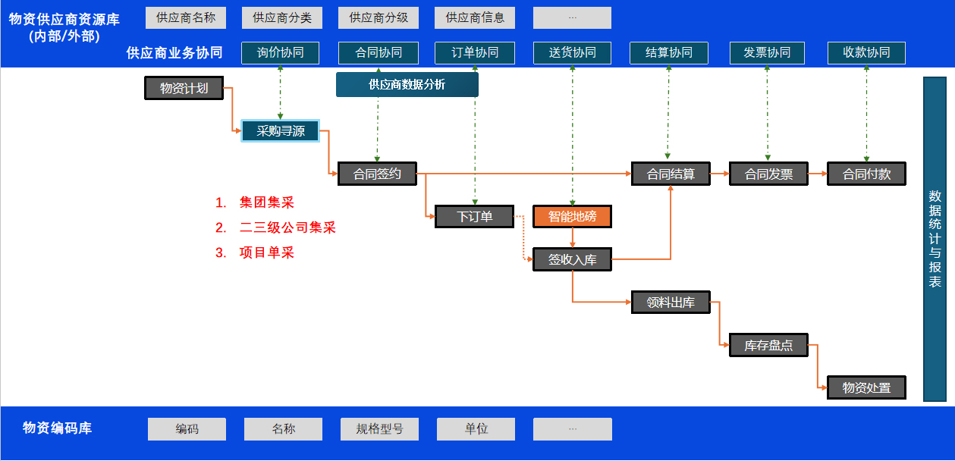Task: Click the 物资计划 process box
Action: click(184, 88)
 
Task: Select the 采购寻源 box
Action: click(280, 130)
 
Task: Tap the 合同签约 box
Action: click(377, 174)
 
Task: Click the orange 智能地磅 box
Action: click(572, 217)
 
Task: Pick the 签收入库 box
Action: click(572, 259)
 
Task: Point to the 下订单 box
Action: click(474, 217)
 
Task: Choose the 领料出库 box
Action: click(670, 303)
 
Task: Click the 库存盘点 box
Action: click(768, 345)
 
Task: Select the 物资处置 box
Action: click(866, 387)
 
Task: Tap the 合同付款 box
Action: click(866, 174)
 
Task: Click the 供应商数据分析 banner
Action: click(407, 85)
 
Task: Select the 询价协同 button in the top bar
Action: click(280, 52)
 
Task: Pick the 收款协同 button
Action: click(866, 52)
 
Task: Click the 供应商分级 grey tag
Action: click(378, 17)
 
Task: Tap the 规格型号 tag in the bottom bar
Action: click(379, 429)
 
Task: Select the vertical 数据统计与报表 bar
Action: click(935, 239)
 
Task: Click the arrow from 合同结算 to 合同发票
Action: click(719, 174)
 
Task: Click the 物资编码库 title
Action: click(57, 428)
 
